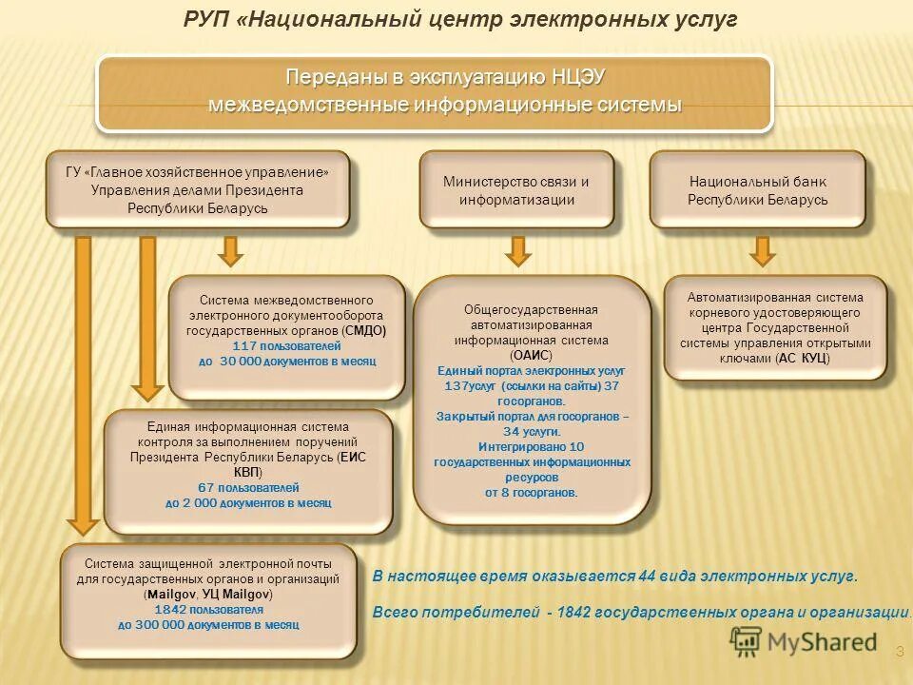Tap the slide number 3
click(x=899, y=651)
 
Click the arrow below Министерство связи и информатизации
click(x=516, y=250)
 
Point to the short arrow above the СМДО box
click(x=231, y=250)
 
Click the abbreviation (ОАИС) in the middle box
click(x=532, y=355)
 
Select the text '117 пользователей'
click(x=286, y=345)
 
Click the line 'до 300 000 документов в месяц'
click(x=208, y=625)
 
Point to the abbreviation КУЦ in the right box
click(x=812, y=359)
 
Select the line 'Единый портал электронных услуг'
click(x=532, y=370)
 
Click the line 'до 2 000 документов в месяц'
click(x=248, y=502)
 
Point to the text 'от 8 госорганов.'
click(x=532, y=492)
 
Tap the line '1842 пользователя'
click(x=208, y=609)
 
